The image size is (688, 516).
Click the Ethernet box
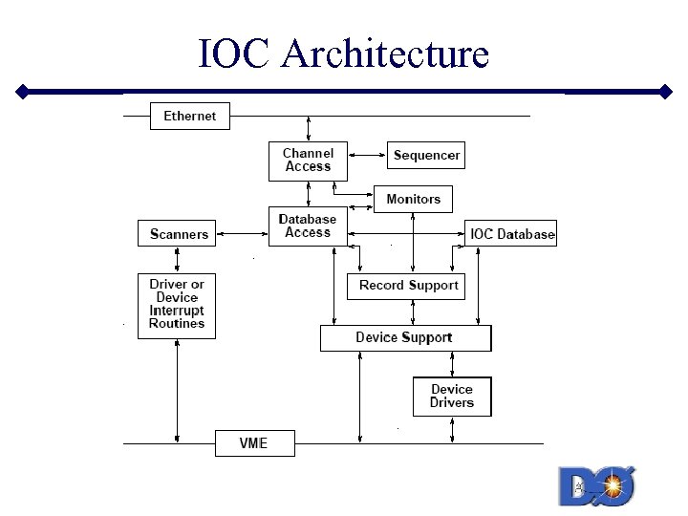click(190, 116)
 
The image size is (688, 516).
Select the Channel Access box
click(308, 161)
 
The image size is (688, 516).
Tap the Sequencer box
click(426, 155)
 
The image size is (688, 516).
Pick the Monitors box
click(413, 199)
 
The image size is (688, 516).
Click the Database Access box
click(308, 226)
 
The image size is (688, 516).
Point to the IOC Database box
click(511, 234)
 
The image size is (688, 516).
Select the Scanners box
click(179, 234)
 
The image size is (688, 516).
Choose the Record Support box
click(408, 285)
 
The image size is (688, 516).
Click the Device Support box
click(404, 337)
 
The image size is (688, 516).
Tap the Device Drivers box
click(451, 396)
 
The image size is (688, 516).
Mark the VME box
click(253, 443)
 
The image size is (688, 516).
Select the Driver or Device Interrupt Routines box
click(177, 305)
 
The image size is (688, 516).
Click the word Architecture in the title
click(385, 54)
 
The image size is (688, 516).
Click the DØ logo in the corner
click(597, 486)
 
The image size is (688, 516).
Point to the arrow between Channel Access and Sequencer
click(367, 154)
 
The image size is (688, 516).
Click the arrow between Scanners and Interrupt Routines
click(177, 259)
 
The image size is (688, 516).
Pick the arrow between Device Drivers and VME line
click(453, 430)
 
